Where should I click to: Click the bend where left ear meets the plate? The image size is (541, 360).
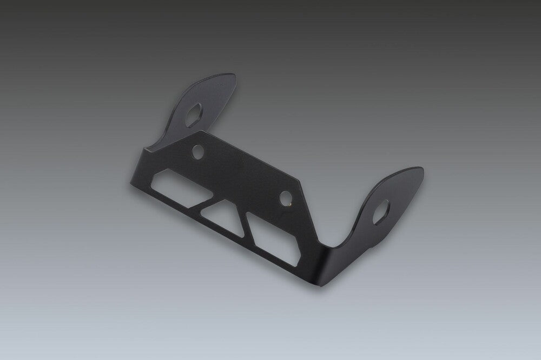[x=162, y=142]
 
